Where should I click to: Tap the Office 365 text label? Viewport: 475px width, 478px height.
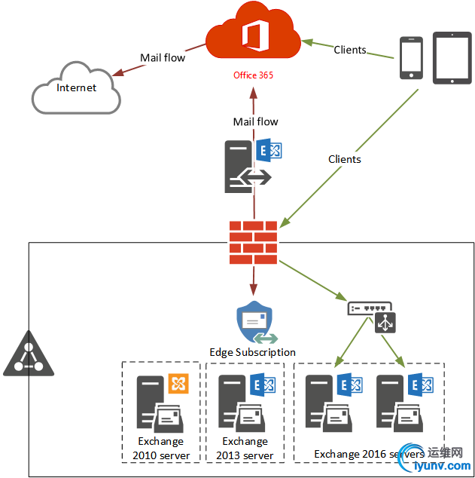click(253, 76)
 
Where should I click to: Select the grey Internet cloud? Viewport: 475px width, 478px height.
click(76, 89)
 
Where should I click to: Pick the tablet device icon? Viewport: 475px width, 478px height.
click(452, 54)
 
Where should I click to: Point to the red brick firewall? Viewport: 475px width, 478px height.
click(253, 242)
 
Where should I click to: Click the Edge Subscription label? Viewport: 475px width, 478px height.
click(252, 352)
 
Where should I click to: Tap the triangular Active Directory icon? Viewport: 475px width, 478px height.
click(29, 354)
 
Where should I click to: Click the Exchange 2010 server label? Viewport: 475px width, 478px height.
click(161, 448)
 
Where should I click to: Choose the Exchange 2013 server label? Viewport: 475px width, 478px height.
click(245, 448)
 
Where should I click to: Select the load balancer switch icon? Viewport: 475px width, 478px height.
click(370, 308)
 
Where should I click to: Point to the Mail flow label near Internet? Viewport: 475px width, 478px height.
click(162, 57)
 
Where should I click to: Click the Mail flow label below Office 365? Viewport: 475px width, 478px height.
click(255, 121)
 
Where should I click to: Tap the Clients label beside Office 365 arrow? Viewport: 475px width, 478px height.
click(350, 50)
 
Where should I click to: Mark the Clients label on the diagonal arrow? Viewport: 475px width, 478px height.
click(345, 159)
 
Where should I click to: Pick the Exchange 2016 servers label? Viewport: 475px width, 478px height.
click(369, 454)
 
